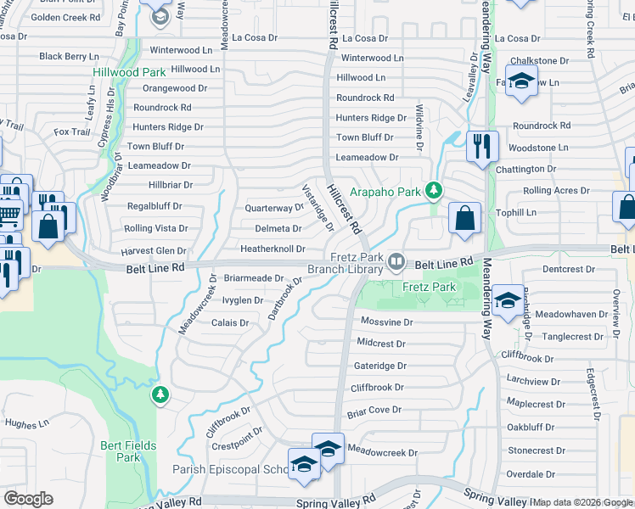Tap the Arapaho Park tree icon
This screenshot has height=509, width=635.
coord(434,190)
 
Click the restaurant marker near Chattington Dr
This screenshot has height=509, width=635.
coord(481,147)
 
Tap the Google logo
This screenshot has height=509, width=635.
coord(28,499)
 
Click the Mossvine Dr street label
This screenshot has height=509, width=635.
coord(386,322)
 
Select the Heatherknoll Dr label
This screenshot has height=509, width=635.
coord(272,249)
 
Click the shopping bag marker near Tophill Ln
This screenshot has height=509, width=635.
coord(464,218)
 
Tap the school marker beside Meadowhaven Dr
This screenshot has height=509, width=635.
coord(508,301)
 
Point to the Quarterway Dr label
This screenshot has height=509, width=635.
coord(273,208)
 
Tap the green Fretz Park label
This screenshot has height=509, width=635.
coord(429,287)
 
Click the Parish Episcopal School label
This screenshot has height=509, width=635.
coord(228,469)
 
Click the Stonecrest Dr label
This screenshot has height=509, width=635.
coord(537,450)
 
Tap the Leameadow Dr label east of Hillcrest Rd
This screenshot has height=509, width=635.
coord(367,158)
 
